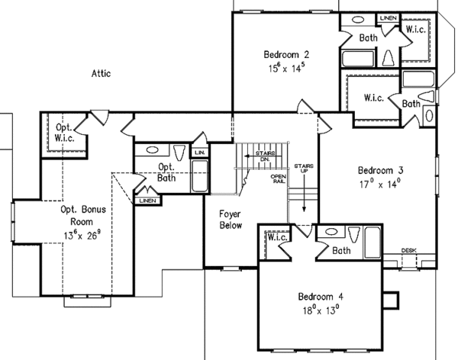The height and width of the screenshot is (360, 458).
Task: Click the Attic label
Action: pos(102,74)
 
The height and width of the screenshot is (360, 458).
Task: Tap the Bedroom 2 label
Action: pos(286,54)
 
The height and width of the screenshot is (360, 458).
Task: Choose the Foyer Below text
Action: pos(230,220)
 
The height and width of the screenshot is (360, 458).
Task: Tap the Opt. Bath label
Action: pos(166,172)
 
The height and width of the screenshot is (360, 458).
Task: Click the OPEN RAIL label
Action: pos(278,180)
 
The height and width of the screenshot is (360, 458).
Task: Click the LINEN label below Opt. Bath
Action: pos(147,201)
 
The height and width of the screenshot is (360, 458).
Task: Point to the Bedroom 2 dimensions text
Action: pos(286,68)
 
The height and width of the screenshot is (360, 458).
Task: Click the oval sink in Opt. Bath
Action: pos(151,150)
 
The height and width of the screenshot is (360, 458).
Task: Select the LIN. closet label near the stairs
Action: pos(200,153)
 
